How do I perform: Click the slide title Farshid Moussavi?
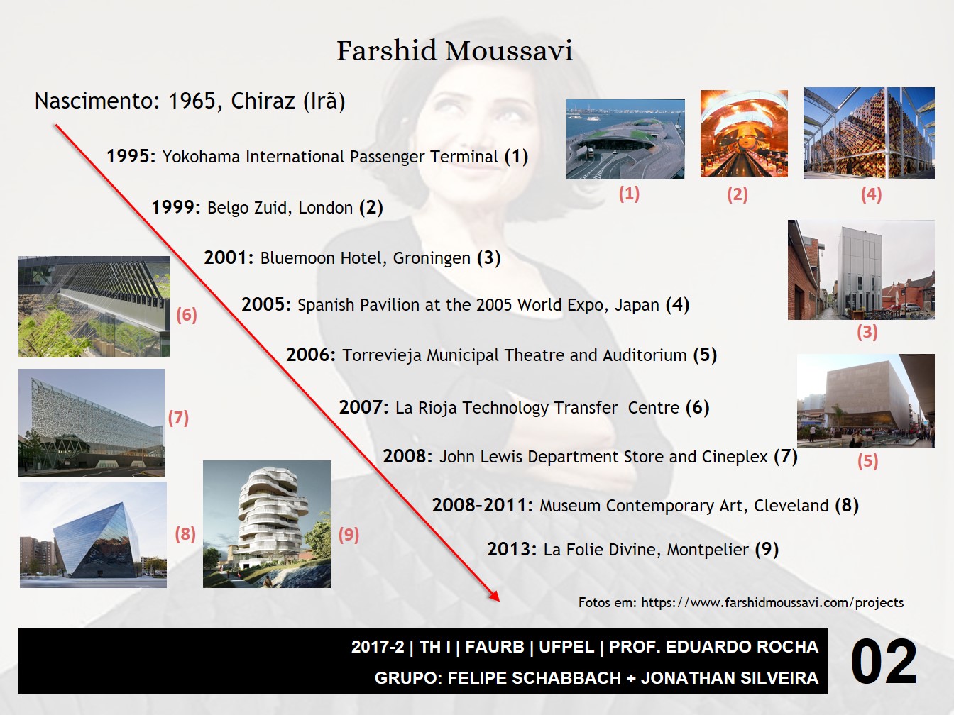tap(454, 51)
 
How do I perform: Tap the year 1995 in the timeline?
tap(131, 156)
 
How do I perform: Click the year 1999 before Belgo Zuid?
tap(175, 208)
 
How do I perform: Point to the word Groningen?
tap(432, 259)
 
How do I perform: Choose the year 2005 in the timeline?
tap(266, 305)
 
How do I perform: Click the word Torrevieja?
tap(382, 355)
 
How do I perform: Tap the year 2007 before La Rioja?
tap(363, 408)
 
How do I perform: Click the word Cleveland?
tap(791, 506)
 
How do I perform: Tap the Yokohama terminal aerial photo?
tap(625, 139)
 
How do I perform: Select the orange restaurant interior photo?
tap(744, 133)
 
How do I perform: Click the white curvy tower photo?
tap(266, 524)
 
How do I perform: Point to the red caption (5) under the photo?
tap(867, 461)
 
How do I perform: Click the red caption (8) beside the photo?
tap(185, 534)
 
